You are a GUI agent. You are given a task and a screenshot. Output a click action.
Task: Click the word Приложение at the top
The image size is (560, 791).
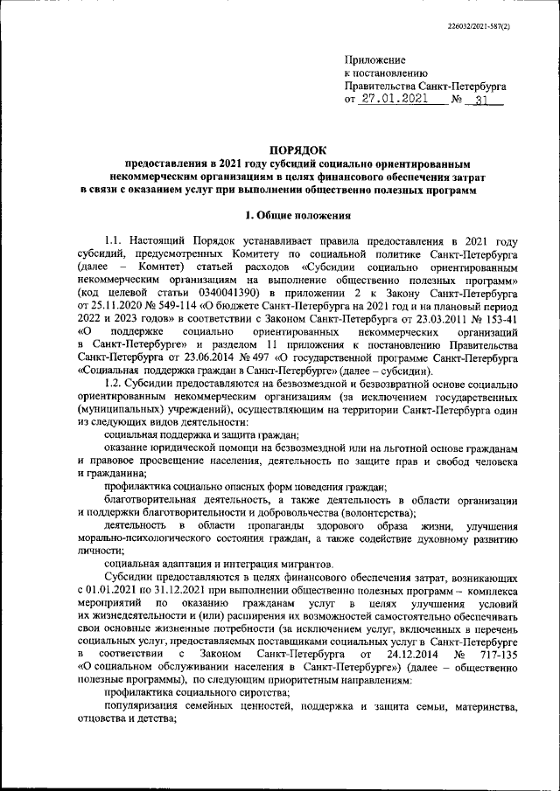[x=371, y=59]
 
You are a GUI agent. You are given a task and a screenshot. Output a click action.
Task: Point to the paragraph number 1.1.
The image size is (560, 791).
[x=115, y=242]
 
